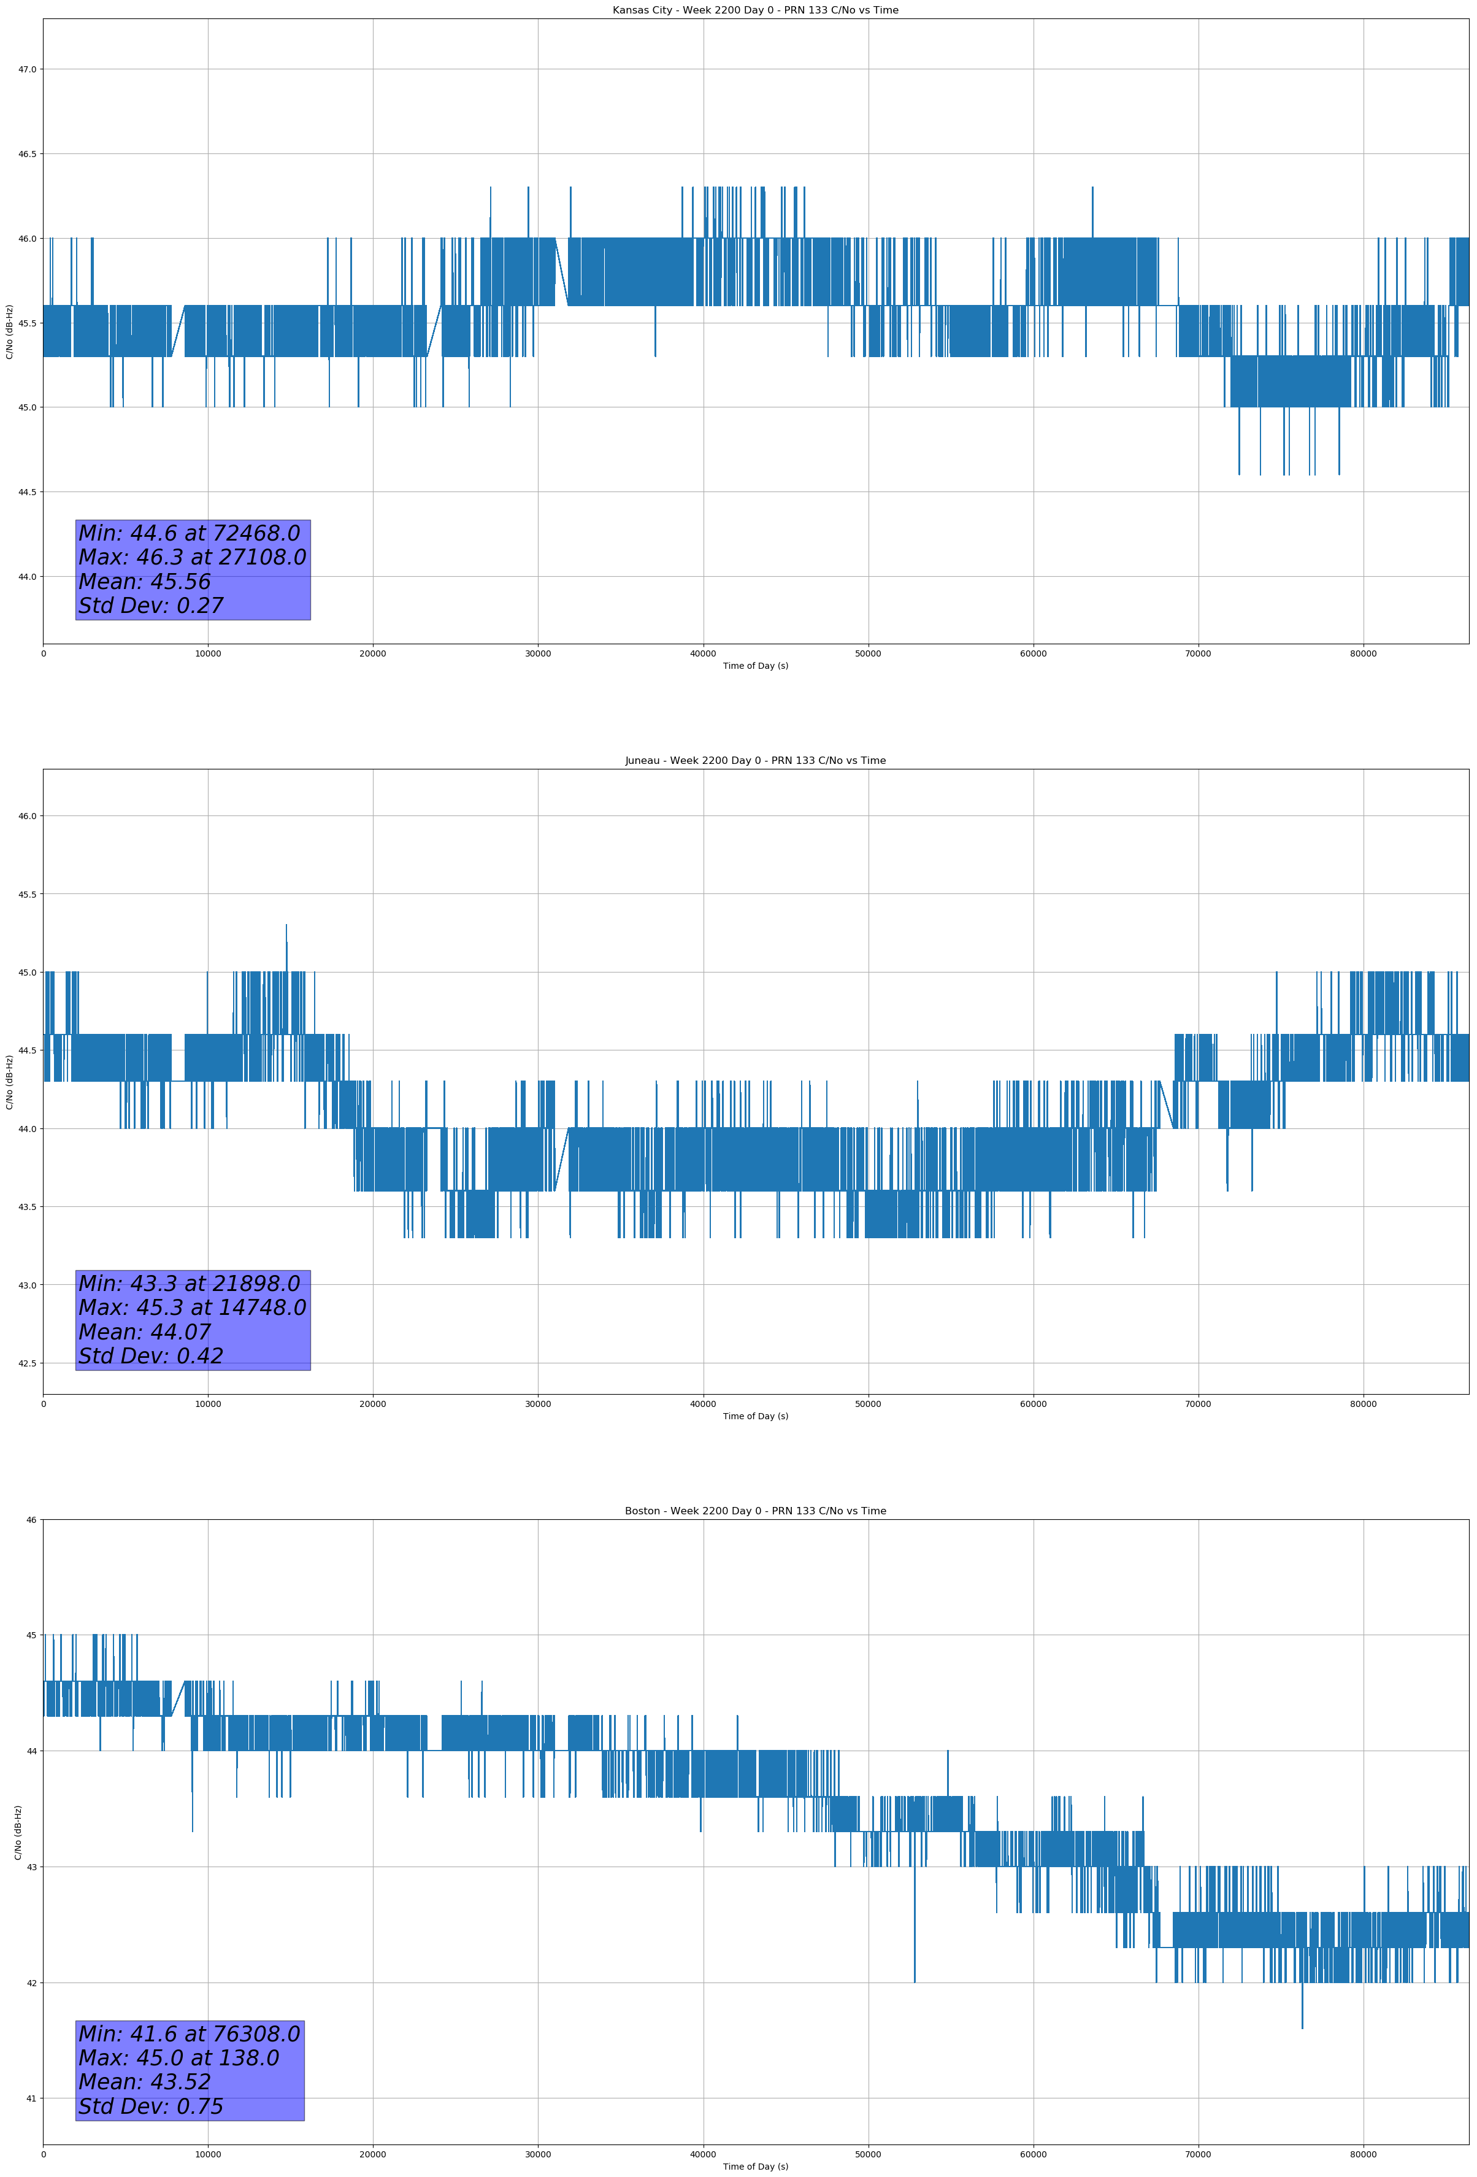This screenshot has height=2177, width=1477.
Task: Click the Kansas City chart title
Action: (x=755, y=10)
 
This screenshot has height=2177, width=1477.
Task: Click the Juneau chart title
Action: (x=755, y=761)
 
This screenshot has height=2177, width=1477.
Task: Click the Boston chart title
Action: (x=755, y=1511)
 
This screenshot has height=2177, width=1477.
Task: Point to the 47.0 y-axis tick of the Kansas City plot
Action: (x=27, y=69)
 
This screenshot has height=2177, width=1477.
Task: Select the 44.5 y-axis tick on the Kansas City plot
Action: (x=27, y=492)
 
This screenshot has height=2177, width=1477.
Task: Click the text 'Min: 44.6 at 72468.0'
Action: (x=189, y=533)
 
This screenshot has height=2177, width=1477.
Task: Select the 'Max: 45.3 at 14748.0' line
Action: (x=192, y=1308)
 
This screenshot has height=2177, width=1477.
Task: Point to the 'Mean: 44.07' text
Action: (x=145, y=1332)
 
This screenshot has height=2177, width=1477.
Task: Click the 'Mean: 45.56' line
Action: (x=145, y=582)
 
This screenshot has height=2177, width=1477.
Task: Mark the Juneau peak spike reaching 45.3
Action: (x=286, y=927)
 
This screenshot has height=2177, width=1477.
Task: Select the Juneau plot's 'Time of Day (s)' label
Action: (x=755, y=1416)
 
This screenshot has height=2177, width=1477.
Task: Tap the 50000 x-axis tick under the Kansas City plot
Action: (x=868, y=654)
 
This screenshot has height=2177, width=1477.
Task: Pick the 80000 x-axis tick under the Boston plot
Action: (x=1363, y=2154)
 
